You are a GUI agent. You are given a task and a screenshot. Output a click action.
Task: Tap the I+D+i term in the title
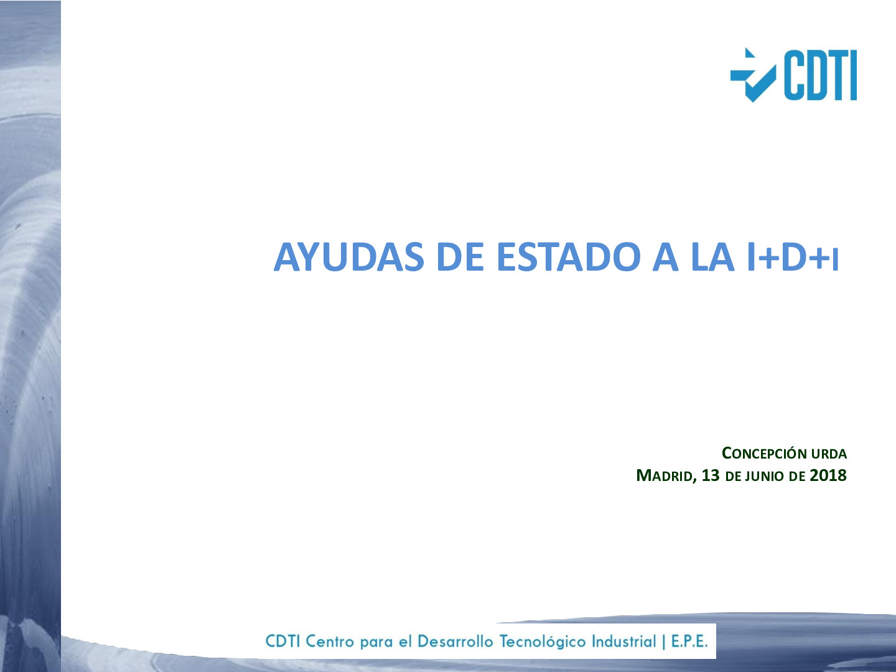[793, 257]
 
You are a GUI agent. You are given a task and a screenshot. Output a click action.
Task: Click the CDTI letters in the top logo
[820, 75]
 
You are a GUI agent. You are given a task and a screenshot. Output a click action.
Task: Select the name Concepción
[764, 454]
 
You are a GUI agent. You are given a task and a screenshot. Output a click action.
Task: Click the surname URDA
[829, 454]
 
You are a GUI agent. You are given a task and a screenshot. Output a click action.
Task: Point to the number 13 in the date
[710, 475]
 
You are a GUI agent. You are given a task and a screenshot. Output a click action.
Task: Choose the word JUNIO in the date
[765, 477]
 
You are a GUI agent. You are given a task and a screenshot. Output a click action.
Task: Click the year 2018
[828, 475]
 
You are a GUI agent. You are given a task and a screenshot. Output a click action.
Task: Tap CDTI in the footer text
[283, 641]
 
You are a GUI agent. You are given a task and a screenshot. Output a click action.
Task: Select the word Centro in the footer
[330, 641]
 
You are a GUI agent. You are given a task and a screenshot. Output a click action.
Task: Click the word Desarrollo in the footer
[456, 641]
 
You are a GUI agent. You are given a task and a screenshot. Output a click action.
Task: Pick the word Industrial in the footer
[623, 641]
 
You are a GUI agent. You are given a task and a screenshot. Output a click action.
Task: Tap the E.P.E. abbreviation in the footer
[689, 641]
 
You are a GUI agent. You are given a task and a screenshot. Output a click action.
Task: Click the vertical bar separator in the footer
[663, 641]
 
